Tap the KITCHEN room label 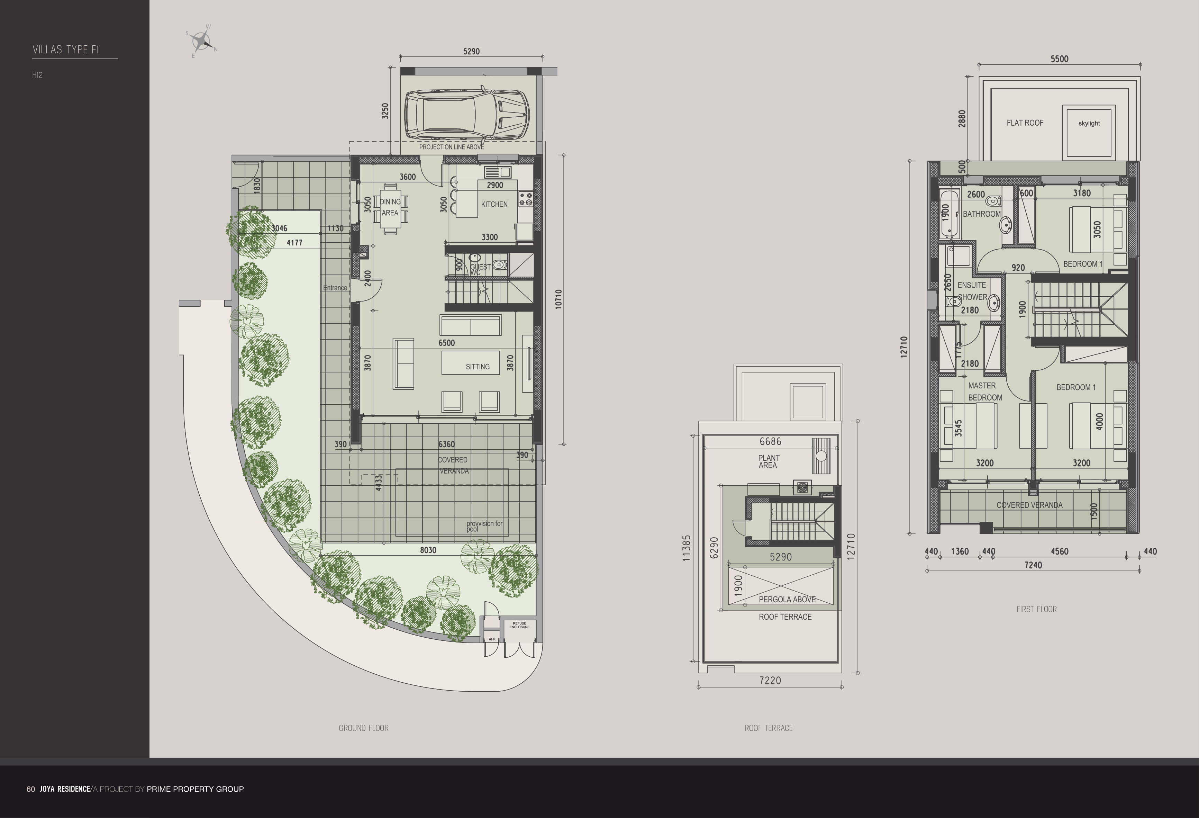click(x=494, y=204)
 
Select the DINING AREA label click(x=390, y=207)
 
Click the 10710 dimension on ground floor click(x=558, y=299)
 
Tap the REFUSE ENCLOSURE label click(x=519, y=625)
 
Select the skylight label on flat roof click(x=1089, y=123)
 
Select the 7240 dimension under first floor click(x=1033, y=565)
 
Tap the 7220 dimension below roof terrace click(x=770, y=681)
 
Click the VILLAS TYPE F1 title click(x=65, y=50)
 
